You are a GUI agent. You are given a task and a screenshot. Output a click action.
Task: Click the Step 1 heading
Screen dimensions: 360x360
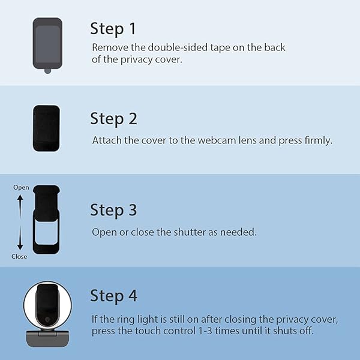113,29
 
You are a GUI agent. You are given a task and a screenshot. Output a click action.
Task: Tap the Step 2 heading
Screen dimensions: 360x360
113,119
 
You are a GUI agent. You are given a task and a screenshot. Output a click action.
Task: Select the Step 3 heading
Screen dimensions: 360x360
113,210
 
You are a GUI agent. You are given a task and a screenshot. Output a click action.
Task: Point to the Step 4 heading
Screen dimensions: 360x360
113,296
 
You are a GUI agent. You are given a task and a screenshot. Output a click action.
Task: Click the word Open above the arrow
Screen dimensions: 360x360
21,188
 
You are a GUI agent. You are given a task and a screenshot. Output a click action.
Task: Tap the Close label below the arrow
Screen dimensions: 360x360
19,256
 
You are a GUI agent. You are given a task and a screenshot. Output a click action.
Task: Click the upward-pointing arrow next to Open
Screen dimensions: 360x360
20,206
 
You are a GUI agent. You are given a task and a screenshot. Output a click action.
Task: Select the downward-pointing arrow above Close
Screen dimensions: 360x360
20,238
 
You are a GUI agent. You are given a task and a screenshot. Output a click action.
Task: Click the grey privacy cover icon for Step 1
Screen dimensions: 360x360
47,43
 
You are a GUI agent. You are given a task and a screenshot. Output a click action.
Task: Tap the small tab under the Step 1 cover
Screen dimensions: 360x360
48,71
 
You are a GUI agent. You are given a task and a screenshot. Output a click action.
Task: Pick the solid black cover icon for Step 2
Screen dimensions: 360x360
46,128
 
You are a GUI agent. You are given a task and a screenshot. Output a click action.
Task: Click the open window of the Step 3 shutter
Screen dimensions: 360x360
46,232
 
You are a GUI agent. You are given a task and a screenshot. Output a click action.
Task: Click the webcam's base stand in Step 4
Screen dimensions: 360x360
47,338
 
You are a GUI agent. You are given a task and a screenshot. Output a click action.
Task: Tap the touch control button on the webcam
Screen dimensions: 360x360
47,319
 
